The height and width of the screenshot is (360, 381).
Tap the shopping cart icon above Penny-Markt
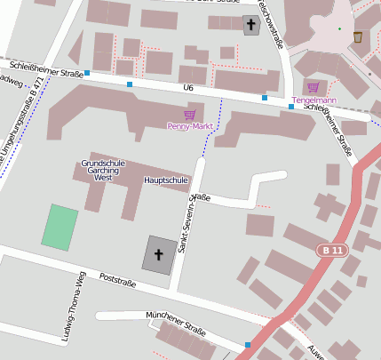coord(189,114)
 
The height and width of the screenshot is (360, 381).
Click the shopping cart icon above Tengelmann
coord(312,87)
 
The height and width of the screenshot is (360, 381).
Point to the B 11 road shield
coord(332,252)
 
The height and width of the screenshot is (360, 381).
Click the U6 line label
coord(187,88)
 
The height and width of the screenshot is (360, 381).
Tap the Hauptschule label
coord(166,180)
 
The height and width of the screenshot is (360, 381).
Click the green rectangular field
coord(60,227)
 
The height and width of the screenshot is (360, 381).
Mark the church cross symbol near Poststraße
coord(160,255)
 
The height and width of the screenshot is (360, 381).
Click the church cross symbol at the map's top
coord(252,26)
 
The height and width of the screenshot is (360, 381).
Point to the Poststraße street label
coord(117,282)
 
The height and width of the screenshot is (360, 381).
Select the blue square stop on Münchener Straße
coord(247,345)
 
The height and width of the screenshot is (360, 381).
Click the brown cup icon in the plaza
coord(357,36)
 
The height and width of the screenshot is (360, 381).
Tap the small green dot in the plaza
coord(338,29)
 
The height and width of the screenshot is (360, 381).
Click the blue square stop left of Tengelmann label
coord(291,107)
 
